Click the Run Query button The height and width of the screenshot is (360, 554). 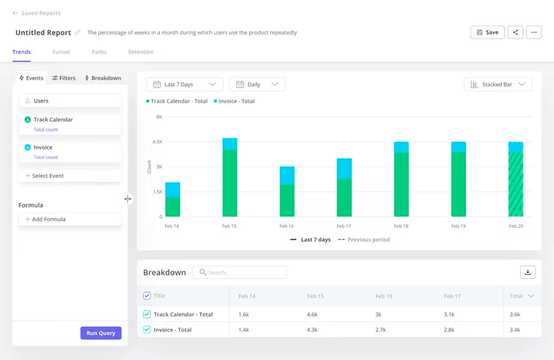click(x=101, y=333)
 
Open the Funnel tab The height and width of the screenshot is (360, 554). click(x=61, y=52)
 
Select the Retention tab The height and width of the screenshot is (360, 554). click(x=141, y=52)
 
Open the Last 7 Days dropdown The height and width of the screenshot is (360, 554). click(x=185, y=84)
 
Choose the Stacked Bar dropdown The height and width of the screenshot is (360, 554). click(x=498, y=84)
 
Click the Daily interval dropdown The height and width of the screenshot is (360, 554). click(x=257, y=84)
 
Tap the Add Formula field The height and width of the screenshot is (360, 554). click(x=70, y=219)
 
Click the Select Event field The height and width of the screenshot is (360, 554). click(x=70, y=176)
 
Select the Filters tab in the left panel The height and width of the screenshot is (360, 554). click(x=64, y=78)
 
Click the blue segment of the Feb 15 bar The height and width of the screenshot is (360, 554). click(x=230, y=143)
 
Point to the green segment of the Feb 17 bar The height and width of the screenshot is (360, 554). click(x=344, y=198)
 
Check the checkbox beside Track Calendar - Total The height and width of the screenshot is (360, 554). click(x=147, y=314)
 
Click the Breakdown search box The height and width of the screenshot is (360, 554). click(x=240, y=273)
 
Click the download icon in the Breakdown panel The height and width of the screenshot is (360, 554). click(x=528, y=273)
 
